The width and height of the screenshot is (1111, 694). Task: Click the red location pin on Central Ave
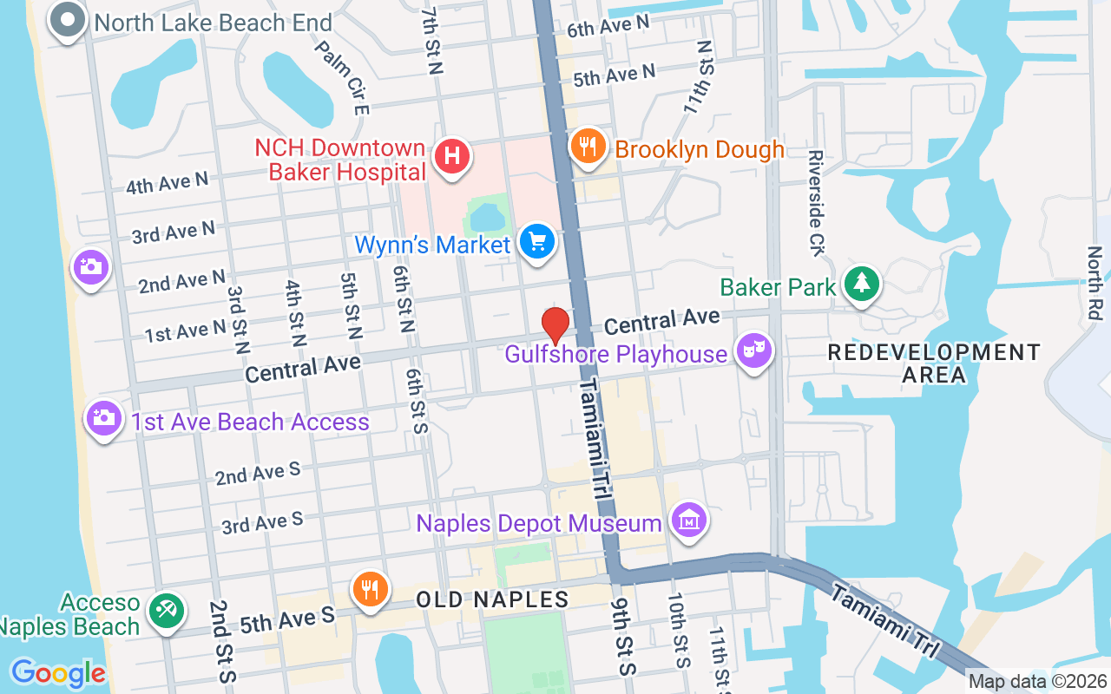click(555, 325)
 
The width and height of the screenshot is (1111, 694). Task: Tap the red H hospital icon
click(451, 157)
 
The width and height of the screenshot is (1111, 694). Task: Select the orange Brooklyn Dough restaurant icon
click(588, 147)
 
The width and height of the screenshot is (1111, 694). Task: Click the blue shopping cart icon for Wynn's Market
click(537, 241)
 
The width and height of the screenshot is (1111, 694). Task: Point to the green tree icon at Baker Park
click(861, 283)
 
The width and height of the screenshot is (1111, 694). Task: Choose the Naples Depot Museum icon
click(689, 521)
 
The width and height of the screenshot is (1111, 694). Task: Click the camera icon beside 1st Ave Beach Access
click(103, 418)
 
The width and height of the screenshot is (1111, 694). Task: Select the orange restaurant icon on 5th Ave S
click(370, 589)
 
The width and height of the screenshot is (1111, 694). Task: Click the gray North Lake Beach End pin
click(68, 21)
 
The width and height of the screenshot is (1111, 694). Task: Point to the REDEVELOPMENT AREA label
click(934, 363)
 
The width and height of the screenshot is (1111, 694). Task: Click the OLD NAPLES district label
click(492, 599)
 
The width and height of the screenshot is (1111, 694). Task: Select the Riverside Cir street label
click(815, 203)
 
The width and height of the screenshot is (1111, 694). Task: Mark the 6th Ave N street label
click(608, 26)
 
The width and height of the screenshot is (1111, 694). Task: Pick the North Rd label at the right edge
click(1095, 282)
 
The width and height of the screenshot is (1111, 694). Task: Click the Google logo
click(58, 673)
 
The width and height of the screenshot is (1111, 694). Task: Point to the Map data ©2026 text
click(1038, 682)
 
